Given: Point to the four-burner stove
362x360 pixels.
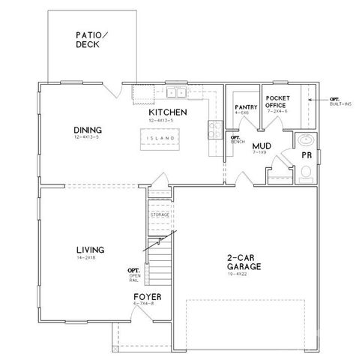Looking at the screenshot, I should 214,128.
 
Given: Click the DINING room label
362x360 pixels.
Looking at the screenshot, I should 88,129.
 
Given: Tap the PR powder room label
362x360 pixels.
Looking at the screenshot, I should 306,155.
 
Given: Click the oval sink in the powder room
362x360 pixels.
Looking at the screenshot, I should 305,140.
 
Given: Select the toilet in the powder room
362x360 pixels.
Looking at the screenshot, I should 305,174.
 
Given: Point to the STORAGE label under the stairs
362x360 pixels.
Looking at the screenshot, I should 160,215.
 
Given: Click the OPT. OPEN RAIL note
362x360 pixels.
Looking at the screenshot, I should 134,275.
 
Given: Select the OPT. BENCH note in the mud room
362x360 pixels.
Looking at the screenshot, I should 235,139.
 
